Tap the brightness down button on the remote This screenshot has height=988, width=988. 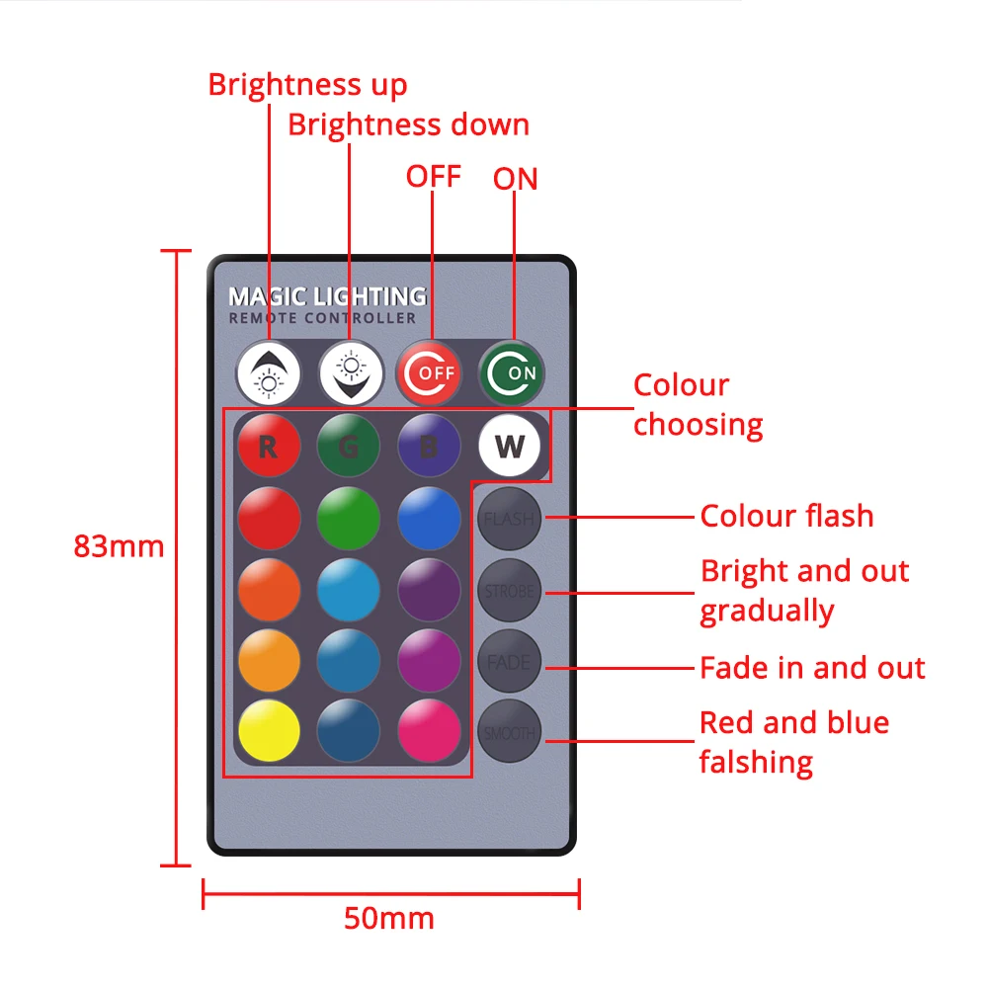[351, 372]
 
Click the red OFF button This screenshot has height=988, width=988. [430, 372]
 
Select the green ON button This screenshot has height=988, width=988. [512, 372]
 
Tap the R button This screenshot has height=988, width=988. [269, 447]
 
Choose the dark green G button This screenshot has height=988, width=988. [348, 447]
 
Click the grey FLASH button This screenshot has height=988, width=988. [510, 519]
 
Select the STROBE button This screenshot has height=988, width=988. [510, 591]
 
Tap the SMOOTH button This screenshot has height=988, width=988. [510, 733]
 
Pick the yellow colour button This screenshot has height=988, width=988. [269, 731]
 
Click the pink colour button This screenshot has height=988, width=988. [430, 731]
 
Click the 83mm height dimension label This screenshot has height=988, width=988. [119, 546]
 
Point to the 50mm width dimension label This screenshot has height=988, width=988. [388, 918]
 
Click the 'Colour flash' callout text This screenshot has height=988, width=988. [786, 516]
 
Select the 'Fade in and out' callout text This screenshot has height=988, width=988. [812, 668]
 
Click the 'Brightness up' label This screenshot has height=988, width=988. [307, 85]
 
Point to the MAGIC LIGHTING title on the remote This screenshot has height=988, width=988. [327, 295]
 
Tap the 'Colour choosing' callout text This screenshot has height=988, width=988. [698, 405]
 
